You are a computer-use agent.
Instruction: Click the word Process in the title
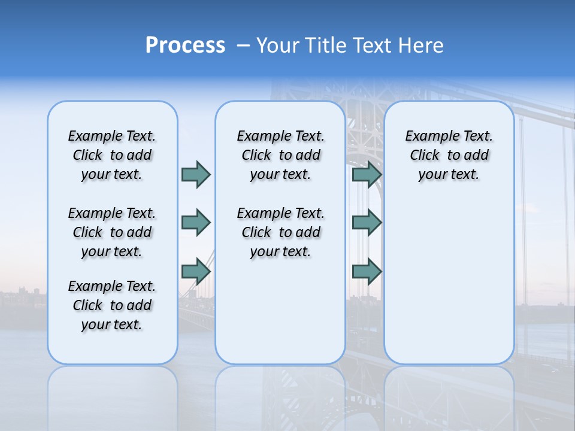[185, 45]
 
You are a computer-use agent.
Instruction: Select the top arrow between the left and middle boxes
[196, 174]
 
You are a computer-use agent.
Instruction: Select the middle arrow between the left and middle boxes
[196, 223]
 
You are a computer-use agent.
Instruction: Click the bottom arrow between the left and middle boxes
[196, 271]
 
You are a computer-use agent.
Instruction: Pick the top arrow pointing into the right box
[367, 174]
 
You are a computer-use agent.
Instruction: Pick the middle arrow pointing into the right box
[367, 223]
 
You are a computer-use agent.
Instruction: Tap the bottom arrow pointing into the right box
[367, 271]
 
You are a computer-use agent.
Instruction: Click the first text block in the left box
[112, 155]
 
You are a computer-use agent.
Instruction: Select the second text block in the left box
[112, 232]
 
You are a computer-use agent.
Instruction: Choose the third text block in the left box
[112, 305]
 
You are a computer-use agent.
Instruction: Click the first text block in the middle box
[280, 155]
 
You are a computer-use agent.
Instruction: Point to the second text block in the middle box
[280, 232]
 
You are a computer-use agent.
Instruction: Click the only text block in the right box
[449, 155]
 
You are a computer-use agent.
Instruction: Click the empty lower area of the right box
[449, 281]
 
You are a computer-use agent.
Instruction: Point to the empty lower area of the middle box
[280, 311]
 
